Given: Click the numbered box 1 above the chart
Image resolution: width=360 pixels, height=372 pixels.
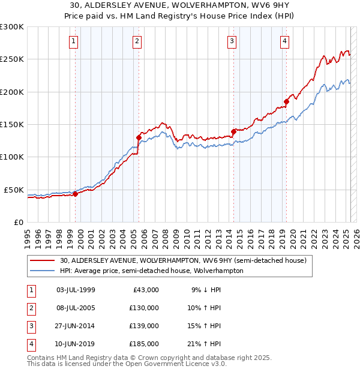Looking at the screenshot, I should tap(73, 41).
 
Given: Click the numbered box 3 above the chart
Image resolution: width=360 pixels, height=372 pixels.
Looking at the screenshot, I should tap(231, 41).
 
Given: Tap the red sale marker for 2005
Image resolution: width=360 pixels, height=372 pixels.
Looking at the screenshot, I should tap(139, 137).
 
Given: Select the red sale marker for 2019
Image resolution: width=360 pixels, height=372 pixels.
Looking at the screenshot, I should tap(287, 101).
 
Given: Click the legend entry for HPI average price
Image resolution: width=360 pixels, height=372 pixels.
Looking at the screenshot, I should tap(151, 271).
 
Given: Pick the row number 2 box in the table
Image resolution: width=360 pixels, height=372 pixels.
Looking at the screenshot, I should tap(30, 308).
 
